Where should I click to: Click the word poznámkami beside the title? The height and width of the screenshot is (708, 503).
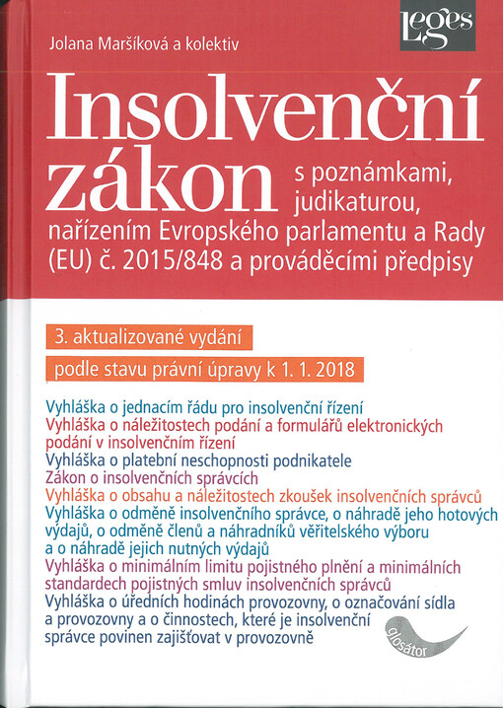385,175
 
